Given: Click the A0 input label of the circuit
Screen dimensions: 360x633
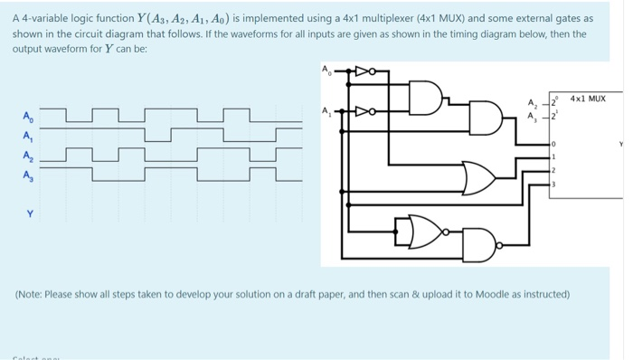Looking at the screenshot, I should coord(326,69).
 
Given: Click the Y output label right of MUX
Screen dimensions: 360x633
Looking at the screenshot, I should coord(621,144).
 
